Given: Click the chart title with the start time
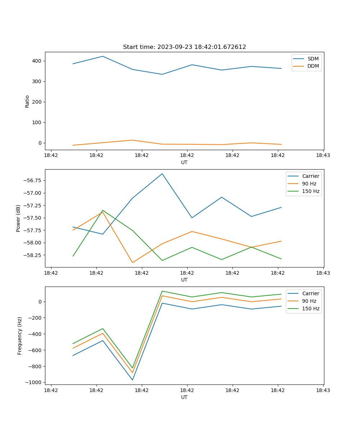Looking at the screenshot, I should tap(184, 47).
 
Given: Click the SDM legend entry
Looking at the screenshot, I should tap(313, 59).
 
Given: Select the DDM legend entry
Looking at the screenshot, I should tap(313, 66).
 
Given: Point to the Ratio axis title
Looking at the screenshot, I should tap(27, 101).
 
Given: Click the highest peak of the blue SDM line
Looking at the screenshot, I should tap(103, 56).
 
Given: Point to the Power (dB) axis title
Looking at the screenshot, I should tap(18, 218).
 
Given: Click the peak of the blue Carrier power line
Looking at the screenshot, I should tap(162, 174).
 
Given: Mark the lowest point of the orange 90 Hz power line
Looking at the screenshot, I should tap(132, 262).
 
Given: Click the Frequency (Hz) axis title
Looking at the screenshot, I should tap(20, 336).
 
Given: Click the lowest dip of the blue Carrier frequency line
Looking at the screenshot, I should tap(132, 380).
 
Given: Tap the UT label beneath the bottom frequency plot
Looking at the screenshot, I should tap(184, 397).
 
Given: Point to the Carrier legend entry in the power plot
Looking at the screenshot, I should tap(310, 176).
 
